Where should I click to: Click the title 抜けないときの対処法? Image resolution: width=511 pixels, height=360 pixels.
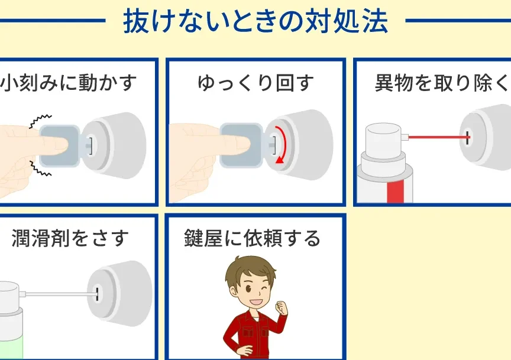click(x=256, y=21)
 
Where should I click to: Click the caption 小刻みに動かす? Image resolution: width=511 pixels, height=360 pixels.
click(x=68, y=82)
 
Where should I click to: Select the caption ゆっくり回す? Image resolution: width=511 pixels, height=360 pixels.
click(x=256, y=83)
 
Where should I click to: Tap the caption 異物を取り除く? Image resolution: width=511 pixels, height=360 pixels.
click(x=442, y=83)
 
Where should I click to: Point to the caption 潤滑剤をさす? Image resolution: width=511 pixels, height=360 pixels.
click(x=70, y=238)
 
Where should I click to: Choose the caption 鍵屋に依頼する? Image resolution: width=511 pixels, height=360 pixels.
click(x=253, y=238)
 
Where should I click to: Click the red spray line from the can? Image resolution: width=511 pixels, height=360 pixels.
click(x=438, y=137)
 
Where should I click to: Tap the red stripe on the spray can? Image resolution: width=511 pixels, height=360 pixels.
click(x=395, y=192)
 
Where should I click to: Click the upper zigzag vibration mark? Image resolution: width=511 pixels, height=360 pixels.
click(x=40, y=121)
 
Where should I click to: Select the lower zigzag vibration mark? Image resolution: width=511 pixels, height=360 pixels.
click(x=40, y=168)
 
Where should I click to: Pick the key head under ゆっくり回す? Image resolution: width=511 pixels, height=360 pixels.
click(x=241, y=145)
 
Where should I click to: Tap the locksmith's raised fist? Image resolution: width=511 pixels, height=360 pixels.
click(x=282, y=308)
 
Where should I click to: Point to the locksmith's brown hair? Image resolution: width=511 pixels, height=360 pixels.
click(x=250, y=270)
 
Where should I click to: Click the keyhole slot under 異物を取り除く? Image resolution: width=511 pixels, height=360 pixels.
click(x=468, y=138)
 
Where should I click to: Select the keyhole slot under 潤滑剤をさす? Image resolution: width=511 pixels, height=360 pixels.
click(x=97, y=294)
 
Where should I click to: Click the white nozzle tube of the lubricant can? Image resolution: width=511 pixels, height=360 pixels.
click(x=60, y=294)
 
